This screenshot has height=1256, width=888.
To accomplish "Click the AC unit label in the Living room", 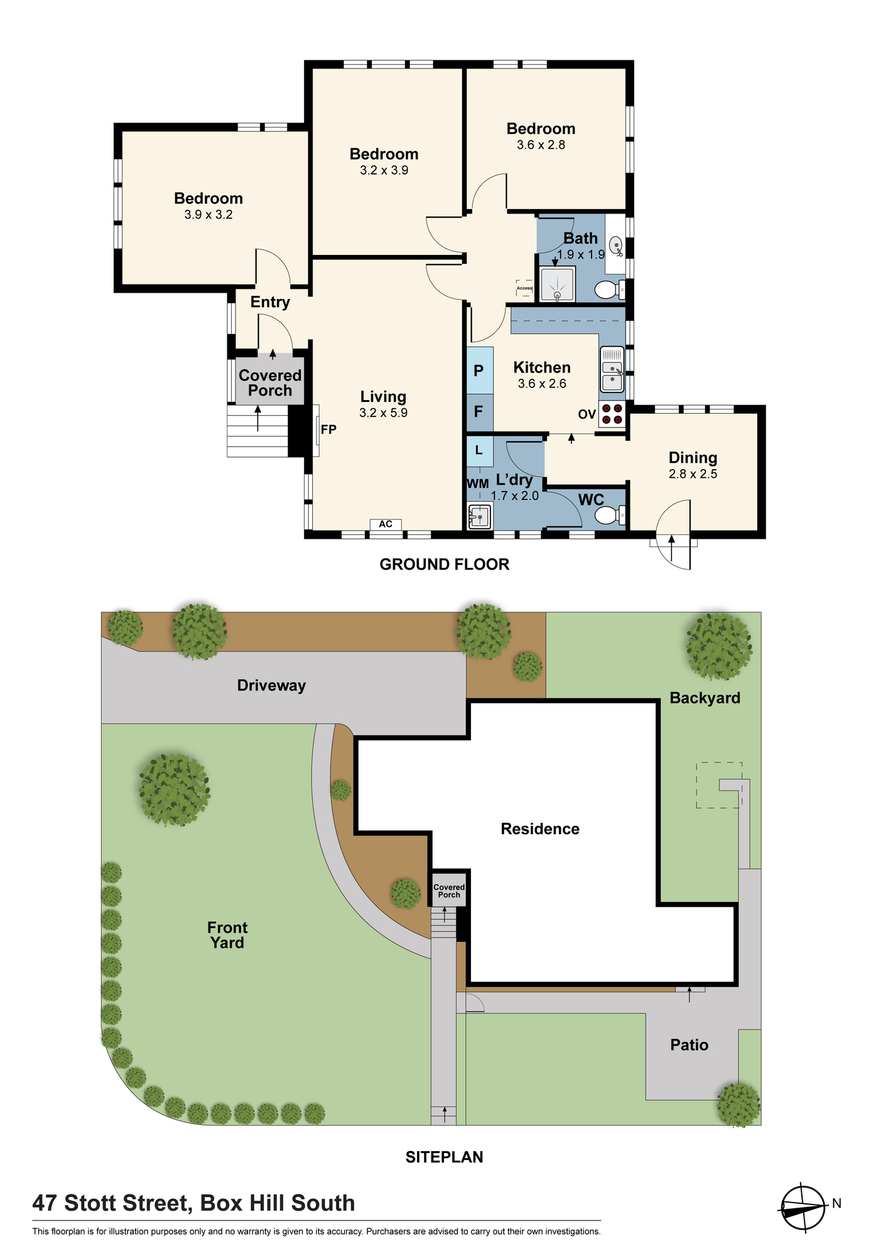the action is (386, 524).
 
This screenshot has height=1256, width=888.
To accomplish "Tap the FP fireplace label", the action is (328, 430).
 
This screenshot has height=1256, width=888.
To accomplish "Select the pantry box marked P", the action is (479, 371).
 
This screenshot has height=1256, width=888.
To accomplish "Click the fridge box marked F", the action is (479, 412).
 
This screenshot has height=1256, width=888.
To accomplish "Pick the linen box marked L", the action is (479, 450).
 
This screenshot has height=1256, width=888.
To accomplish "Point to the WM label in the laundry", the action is (477, 484).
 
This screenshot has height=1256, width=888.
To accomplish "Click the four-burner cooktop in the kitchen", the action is (612, 414).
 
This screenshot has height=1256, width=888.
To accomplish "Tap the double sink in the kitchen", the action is (612, 369).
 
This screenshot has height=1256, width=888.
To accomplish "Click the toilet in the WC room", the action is (609, 516).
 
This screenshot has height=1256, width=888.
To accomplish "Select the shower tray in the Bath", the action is (558, 285).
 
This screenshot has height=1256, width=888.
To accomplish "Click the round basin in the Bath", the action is (616, 245).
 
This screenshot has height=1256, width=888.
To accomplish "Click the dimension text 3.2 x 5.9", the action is (383, 413).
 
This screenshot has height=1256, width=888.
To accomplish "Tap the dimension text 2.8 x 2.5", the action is (693, 474).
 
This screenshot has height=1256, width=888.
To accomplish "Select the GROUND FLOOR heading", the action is (445, 565).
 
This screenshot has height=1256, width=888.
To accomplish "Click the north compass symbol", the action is (803, 1207).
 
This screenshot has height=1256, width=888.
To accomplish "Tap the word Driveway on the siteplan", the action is (271, 686).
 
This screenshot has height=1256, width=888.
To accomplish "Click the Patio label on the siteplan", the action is (689, 1045).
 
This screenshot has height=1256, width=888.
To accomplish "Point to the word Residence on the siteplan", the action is (540, 829).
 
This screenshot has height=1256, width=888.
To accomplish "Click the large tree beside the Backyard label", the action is (718, 647).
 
